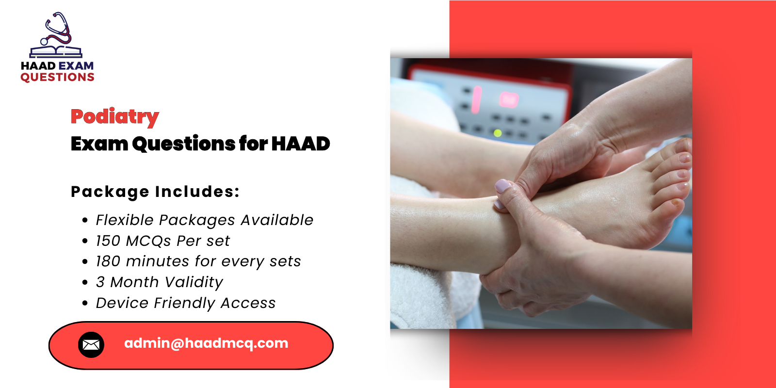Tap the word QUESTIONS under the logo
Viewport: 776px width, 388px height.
click(57, 78)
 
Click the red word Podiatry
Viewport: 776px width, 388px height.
click(114, 116)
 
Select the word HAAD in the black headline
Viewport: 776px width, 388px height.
click(300, 144)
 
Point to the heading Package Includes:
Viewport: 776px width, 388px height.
click(155, 192)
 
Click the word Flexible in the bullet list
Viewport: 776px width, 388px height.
click(125, 220)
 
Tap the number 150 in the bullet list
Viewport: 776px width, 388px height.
click(108, 241)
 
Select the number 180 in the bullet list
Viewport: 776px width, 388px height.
click(108, 261)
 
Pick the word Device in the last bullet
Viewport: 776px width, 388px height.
click(122, 303)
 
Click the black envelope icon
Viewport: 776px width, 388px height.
click(91, 345)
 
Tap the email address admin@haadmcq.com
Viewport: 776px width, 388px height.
click(206, 343)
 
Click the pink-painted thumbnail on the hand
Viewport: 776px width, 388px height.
click(503, 186)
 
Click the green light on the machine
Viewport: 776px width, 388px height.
click(497, 132)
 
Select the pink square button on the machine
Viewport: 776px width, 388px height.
click(509, 99)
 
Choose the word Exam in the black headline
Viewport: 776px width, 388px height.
click(99, 144)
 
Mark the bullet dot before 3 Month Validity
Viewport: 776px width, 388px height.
click(85, 282)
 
